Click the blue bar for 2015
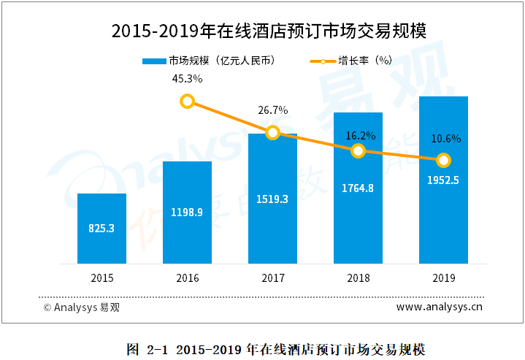pos(101,228)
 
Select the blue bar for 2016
pos(187,212)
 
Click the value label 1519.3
pos(272,199)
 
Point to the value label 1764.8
pos(358,188)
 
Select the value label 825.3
pos(101,228)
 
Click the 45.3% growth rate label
pos(187,78)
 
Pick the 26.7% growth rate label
pos(273,110)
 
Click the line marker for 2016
pos(187,101)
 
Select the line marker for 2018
pos(358,150)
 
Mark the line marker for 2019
pos(443,160)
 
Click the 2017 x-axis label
pos(272,277)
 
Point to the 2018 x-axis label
pos(358,277)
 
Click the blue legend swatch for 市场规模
pos(155,61)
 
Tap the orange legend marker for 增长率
pos(323,61)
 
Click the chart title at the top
pos(262,31)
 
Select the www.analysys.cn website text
pos(440,307)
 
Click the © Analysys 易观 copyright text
pos(81,307)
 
